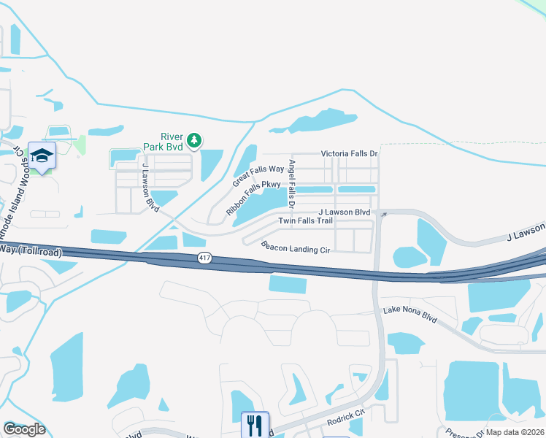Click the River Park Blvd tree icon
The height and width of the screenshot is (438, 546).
[x=193, y=139]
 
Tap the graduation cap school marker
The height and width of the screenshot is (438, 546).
[x=42, y=155]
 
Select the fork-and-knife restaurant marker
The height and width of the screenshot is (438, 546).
[x=255, y=424]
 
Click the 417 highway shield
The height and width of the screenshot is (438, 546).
[x=205, y=258]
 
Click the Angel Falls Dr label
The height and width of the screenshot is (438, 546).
[x=292, y=181]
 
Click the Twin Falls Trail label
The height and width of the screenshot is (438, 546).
[x=305, y=220]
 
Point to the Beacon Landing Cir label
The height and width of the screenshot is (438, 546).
[x=296, y=247]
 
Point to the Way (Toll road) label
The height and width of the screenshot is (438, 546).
[x=31, y=250]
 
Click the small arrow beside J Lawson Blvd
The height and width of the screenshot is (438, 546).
[x=384, y=214]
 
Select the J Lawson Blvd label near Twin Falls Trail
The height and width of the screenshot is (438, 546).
[x=345, y=212]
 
